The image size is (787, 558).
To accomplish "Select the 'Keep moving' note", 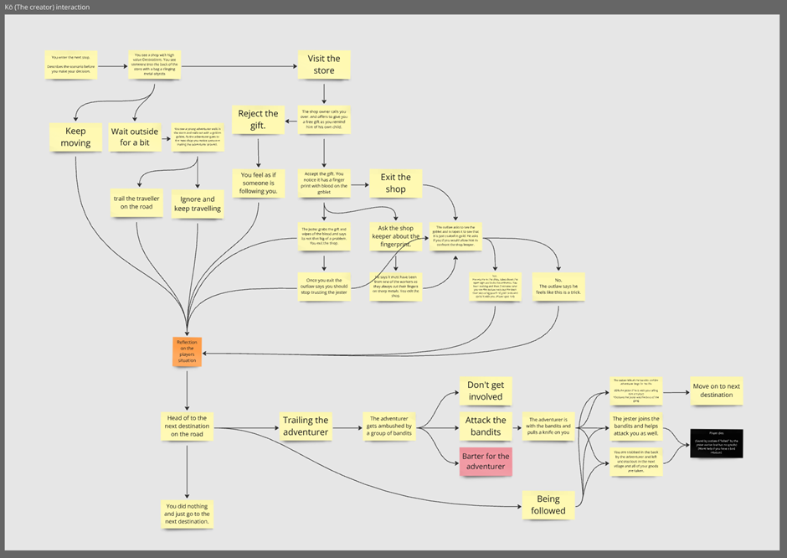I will (x=75, y=137).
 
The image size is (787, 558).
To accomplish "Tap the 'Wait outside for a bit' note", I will (x=134, y=137).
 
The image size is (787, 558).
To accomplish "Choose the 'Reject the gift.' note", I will (x=259, y=120).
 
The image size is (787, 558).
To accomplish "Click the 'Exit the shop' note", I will (x=396, y=183).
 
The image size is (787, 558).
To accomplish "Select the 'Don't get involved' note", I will (x=486, y=390).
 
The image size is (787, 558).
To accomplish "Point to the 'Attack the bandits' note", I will (x=486, y=426).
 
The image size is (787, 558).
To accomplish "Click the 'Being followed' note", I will (x=548, y=504).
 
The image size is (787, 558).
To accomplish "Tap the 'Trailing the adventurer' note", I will (x=306, y=426).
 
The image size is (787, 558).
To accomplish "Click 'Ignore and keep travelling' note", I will (x=198, y=204).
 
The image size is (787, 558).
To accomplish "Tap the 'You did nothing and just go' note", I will (x=187, y=514).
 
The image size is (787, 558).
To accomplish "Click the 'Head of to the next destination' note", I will (x=187, y=426).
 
